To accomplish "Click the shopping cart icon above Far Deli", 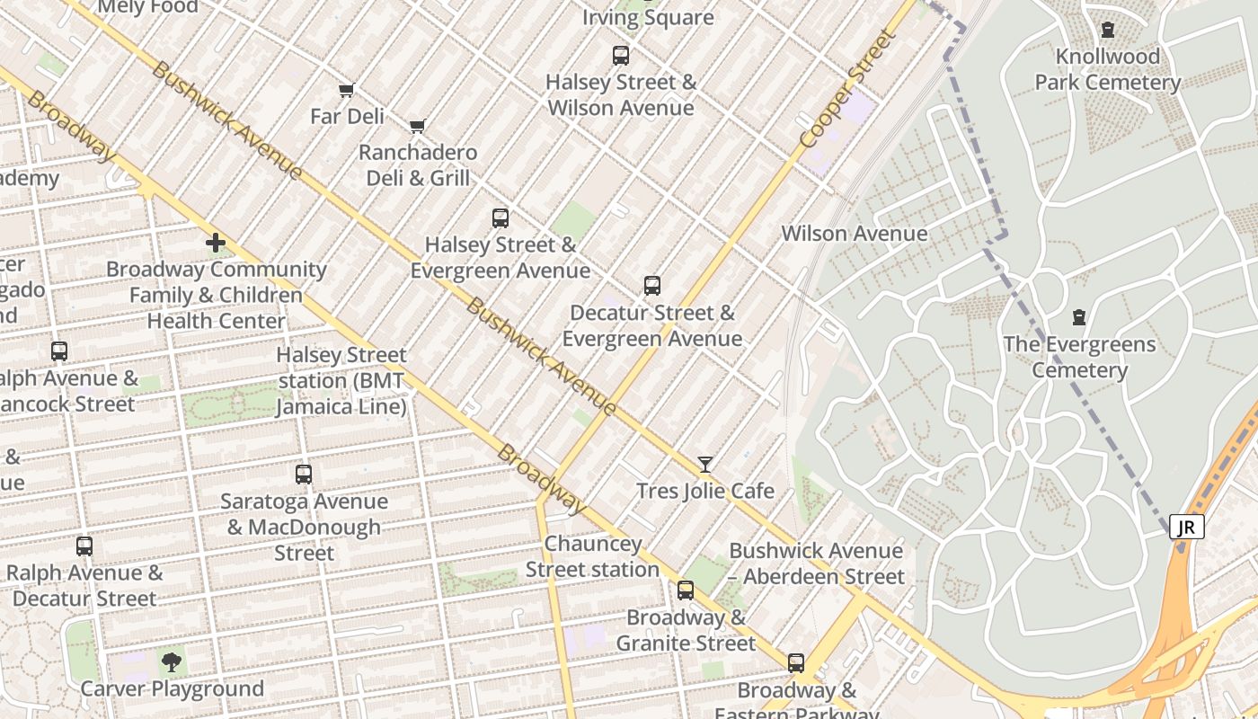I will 347,90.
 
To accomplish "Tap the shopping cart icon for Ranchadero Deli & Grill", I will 417,126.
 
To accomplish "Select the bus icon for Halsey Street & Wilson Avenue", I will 621,56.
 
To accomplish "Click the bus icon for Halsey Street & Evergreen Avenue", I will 501,217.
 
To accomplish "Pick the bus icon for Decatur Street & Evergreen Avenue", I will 652,286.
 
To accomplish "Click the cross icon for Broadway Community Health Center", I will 216,243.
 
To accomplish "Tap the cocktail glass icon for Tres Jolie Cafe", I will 705,464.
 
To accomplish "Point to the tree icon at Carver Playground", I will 171,663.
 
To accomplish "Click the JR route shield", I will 1186,527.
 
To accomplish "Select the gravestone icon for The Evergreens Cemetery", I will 1079,317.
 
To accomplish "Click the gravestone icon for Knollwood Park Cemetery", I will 1108,30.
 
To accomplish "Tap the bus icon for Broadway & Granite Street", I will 686,590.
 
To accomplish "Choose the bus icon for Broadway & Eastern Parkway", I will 796,663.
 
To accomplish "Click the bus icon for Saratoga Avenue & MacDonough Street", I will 304,474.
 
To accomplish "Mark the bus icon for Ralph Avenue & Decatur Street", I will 84,546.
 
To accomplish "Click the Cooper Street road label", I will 847,89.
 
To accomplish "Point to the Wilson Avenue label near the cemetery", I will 854,234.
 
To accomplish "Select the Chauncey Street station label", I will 593,556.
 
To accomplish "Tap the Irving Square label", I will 648,17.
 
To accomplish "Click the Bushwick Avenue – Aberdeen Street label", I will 816,564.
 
